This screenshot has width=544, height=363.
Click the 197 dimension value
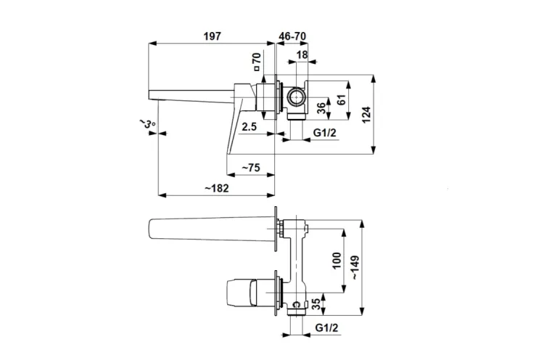point(212,36)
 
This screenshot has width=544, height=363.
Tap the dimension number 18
point(302,54)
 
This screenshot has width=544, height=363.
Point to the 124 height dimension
point(367,113)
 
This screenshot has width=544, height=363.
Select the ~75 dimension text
point(250,168)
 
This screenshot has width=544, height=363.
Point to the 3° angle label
point(148,124)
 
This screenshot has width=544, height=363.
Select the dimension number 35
point(316,303)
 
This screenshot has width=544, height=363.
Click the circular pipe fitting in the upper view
point(296,97)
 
